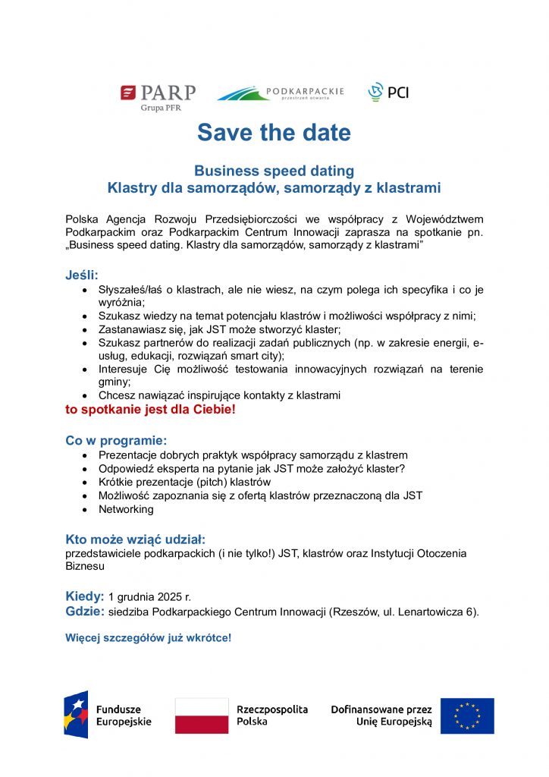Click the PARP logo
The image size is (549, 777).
(x=158, y=96)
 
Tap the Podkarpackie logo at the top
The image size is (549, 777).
(x=280, y=93)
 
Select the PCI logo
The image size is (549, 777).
(x=387, y=93)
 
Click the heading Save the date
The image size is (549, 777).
(x=274, y=133)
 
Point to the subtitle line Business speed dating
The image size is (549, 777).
(x=274, y=171)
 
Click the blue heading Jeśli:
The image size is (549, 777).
(x=82, y=275)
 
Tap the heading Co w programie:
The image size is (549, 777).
(x=116, y=441)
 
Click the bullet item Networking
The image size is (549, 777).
(x=126, y=509)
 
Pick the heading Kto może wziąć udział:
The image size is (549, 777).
(x=136, y=539)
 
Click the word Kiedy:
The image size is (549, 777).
(x=84, y=596)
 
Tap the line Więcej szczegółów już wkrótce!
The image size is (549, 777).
(x=148, y=637)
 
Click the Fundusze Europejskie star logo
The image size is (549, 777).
(x=76, y=715)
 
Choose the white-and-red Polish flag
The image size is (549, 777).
(x=202, y=716)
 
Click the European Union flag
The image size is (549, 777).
(x=467, y=716)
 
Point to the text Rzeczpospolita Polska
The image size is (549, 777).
(x=272, y=716)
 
